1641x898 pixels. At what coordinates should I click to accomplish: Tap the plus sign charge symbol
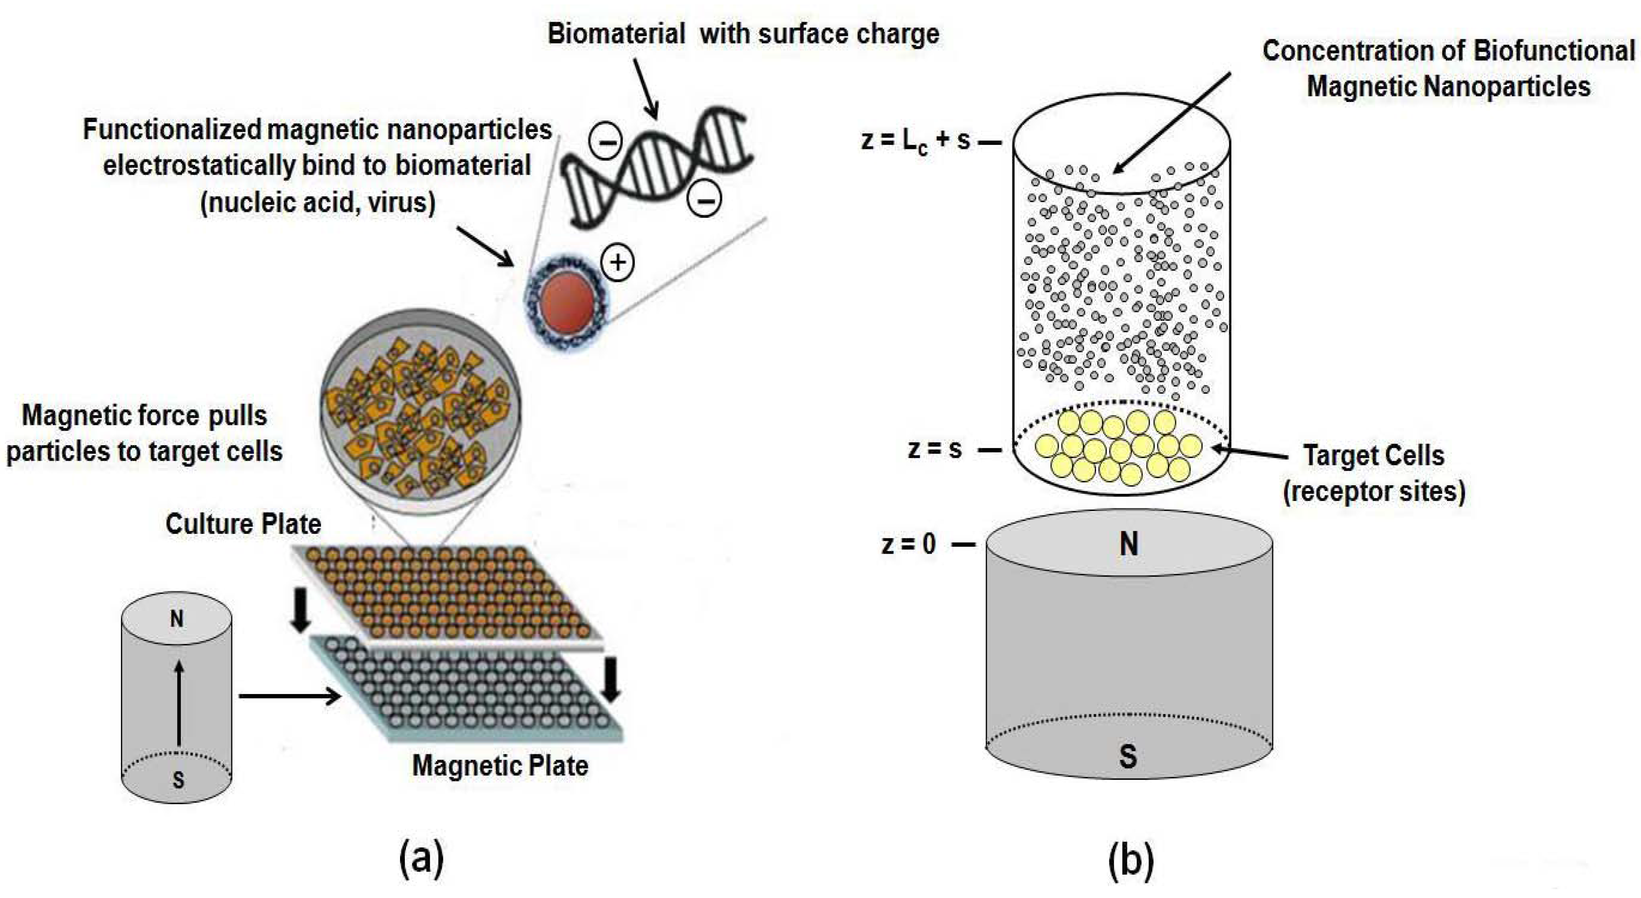617,263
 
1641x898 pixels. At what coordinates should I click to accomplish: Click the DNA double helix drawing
656,167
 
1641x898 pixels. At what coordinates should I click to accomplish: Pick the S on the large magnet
1128,756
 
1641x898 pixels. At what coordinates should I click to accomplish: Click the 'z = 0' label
908,544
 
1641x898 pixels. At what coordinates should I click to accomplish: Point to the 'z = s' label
934,449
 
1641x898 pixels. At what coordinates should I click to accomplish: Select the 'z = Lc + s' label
915,140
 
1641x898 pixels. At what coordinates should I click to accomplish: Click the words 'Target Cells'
1374,455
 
